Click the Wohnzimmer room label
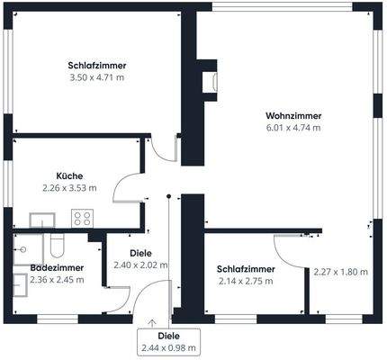[x=293, y=115]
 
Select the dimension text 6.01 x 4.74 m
[x=293, y=128]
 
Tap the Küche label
[x=69, y=175]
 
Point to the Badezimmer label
[x=57, y=267]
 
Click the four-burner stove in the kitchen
[x=83, y=218]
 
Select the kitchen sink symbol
[x=41, y=218]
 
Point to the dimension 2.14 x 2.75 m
[x=245, y=281]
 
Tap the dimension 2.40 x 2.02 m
[x=140, y=265]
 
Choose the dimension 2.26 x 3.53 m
[x=69, y=188]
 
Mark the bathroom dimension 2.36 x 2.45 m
[x=57, y=280]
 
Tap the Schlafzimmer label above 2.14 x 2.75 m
[x=245, y=268]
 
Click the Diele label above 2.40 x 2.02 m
[x=140, y=253]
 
